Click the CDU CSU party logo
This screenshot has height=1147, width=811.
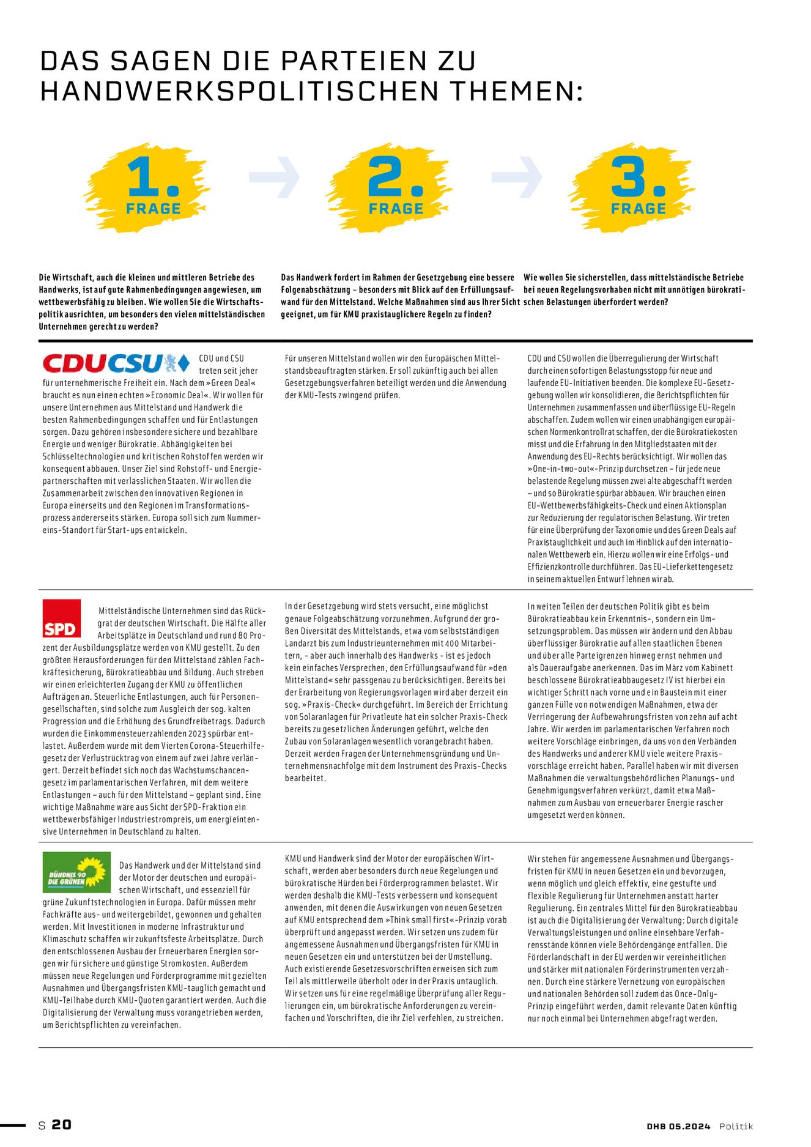click(116, 363)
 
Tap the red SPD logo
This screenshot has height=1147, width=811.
click(61, 618)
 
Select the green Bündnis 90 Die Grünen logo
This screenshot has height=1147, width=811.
click(76, 872)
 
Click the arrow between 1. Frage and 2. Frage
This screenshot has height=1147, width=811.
click(275, 177)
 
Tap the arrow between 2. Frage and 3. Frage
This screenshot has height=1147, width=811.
click(517, 177)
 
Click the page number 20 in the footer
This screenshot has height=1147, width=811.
click(61, 1124)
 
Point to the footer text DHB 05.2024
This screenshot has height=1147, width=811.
click(678, 1126)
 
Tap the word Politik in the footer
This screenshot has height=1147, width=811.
click(736, 1126)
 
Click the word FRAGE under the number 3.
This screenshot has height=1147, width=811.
click(638, 209)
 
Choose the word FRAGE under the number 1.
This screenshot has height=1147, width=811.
click(153, 209)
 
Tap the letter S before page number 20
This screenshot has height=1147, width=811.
click(42, 1126)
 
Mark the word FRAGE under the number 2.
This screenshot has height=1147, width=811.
click(396, 209)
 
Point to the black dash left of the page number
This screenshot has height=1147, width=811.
click(13, 1125)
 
